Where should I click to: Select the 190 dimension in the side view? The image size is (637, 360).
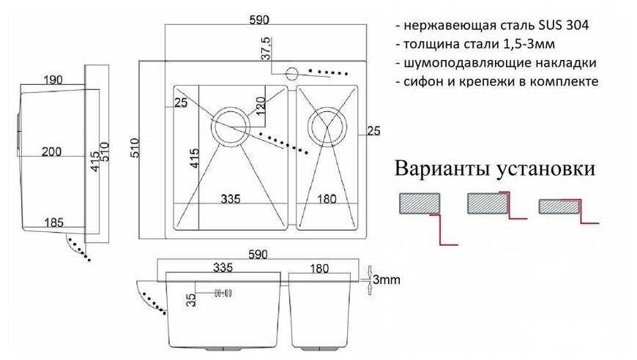point(51,79)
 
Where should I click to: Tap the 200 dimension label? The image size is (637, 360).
point(51,151)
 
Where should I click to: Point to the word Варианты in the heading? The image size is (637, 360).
point(444,169)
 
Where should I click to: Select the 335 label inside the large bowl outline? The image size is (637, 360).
point(230,198)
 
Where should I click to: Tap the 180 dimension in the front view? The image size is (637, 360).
point(319,268)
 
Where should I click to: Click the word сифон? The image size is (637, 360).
point(422,81)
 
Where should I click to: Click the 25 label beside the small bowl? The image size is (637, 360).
point(373,131)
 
